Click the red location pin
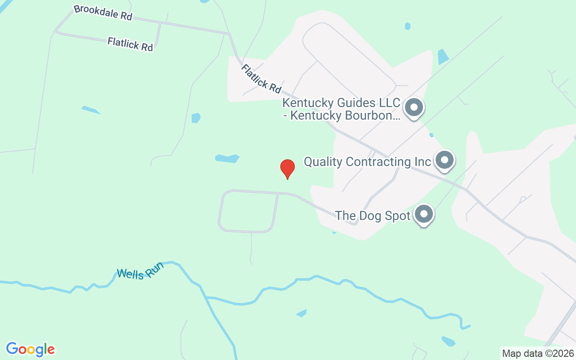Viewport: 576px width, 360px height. tap(288, 169)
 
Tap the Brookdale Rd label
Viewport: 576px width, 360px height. tap(103, 12)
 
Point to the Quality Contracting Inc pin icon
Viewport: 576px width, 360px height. tap(445, 160)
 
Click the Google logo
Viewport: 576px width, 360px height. tap(30, 349)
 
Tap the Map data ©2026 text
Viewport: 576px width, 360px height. tap(538, 353)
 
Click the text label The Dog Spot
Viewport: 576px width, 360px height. tap(373, 216)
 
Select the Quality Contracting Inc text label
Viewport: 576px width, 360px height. tap(367, 162)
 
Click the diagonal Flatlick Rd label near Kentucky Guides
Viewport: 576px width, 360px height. tap(261, 78)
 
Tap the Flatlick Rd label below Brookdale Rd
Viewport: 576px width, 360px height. tap(130, 44)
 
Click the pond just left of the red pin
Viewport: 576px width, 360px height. tap(227, 158)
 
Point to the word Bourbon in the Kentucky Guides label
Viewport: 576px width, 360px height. tap(372, 116)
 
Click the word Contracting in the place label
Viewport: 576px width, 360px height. tap(380, 162)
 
